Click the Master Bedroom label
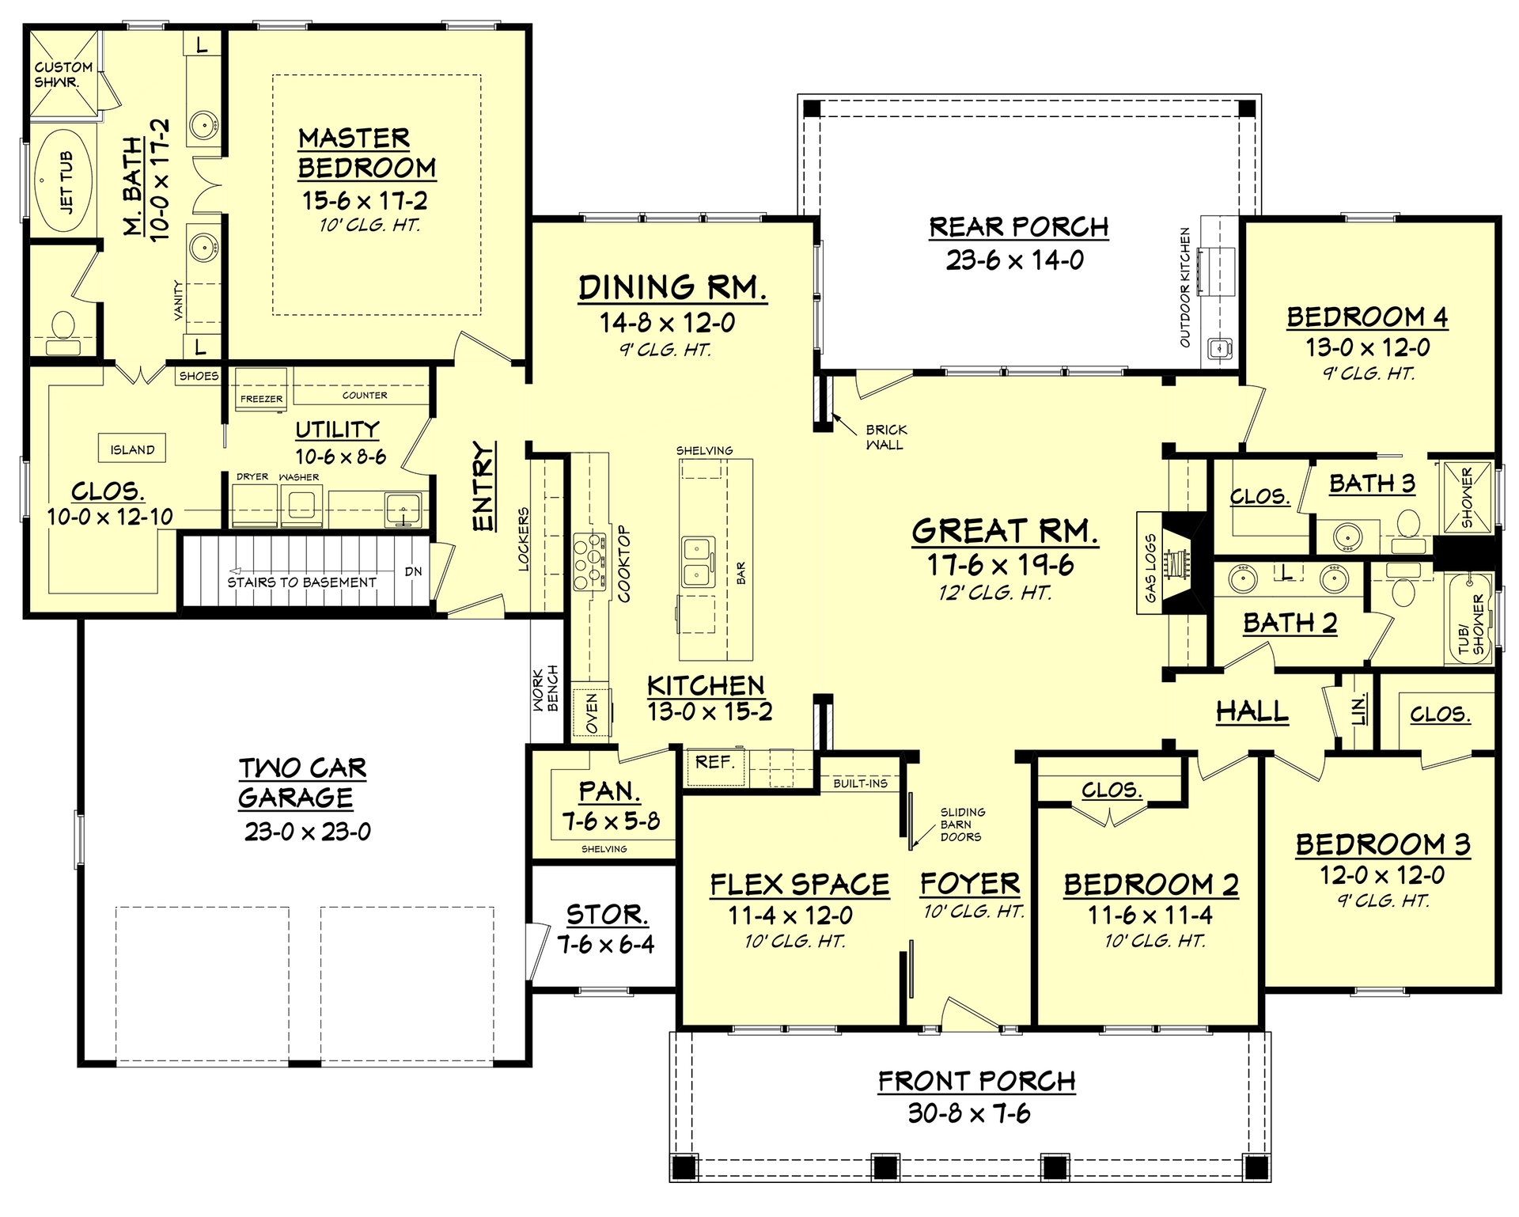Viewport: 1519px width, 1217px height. [x=366, y=153]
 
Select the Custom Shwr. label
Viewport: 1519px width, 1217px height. [x=63, y=74]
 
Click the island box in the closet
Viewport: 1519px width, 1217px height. [x=132, y=449]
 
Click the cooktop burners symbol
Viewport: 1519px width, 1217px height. [x=589, y=563]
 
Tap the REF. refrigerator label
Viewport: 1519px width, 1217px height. [x=714, y=763]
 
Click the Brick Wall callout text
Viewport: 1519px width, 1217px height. [x=885, y=437]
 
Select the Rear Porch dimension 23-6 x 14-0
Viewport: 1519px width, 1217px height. [x=1015, y=260]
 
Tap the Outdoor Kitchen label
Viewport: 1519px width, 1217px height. [x=1184, y=287]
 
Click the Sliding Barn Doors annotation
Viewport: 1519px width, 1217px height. [x=961, y=824]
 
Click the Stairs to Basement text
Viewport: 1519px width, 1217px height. [x=301, y=582]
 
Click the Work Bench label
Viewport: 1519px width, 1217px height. [x=545, y=688]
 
